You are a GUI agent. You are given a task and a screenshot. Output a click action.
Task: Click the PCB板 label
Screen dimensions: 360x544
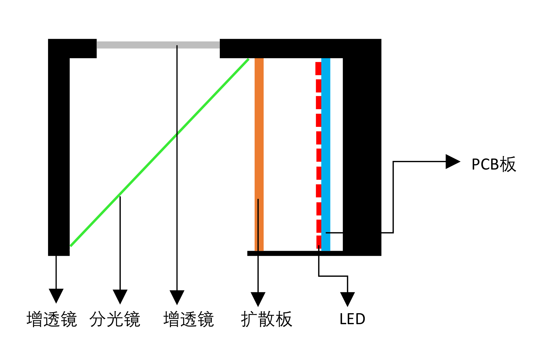click(x=494, y=164)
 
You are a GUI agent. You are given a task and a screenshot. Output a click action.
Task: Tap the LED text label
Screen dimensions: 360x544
click(x=352, y=319)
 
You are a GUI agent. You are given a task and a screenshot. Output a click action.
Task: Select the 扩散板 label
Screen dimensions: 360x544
click(x=266, y=319)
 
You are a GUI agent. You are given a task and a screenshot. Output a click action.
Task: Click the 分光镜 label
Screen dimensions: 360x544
click(x=115, y=319)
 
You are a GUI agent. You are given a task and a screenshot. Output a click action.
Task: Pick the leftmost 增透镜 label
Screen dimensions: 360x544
click(x=52, y=319)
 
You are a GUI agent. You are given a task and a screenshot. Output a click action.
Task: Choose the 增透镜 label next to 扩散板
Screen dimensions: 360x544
click(x=188, y=319)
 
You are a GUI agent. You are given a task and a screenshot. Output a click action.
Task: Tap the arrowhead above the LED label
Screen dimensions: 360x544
click(x=347, y=299)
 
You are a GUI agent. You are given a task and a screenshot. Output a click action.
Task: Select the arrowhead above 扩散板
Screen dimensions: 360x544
click(x=258, y=299)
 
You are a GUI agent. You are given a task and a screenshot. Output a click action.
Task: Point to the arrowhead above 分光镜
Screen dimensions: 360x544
click(x=120, y=296)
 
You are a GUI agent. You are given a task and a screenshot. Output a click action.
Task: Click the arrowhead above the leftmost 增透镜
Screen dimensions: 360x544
click(x=56, y=295)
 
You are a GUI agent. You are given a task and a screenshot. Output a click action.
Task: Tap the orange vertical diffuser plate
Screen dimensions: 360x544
click(x=259, y=134)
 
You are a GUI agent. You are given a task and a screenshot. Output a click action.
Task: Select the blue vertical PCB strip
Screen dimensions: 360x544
click(x=326, y=149)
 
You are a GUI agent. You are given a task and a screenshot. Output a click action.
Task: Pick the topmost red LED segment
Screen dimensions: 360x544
click(x=318, y=68)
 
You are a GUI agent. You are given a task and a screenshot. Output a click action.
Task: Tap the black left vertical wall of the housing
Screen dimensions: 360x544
click(x=59, y=155)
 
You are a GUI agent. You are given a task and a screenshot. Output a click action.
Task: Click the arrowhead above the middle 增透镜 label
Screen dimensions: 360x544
click(x=177, y=297)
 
